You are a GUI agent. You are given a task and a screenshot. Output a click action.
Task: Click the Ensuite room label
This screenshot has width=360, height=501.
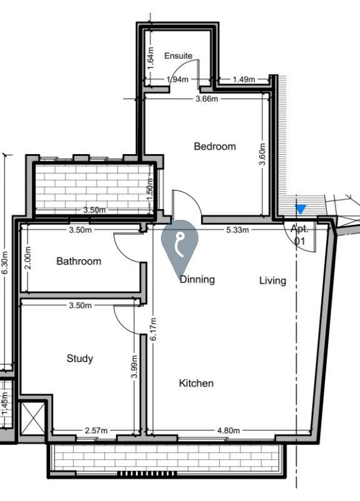(x=178, y=56)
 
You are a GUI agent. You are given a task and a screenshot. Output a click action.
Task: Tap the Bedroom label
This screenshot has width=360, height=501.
(x=215, y=147)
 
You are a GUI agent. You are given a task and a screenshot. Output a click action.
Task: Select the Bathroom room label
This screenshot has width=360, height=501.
(x=79, y=261)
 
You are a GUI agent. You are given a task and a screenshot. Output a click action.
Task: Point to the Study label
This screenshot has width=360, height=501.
(x=80, y=358)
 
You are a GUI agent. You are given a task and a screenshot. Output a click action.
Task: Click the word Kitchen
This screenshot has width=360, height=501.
(x=196, y=383)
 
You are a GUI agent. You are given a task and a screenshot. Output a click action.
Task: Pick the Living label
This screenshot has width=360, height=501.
(x=272, y=281)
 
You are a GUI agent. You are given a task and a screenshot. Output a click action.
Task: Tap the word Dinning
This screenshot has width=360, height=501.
(x=197, y=279)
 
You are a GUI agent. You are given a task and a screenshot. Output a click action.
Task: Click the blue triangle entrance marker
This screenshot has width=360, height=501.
(x=301, y=209)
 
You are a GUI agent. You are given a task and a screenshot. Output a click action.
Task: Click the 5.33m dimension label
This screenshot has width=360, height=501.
(x=237, y=230)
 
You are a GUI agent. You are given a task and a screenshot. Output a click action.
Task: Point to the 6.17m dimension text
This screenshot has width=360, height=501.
(x=153, y=329)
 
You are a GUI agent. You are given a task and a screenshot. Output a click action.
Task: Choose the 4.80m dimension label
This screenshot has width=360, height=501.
(x=229, y=430)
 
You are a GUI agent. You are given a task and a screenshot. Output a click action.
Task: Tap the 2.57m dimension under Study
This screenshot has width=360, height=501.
(x=96, y=430)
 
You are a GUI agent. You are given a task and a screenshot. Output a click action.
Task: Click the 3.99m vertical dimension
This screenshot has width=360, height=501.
(x=134, y=366)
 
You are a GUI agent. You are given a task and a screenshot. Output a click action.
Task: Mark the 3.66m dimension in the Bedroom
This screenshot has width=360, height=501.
(x=207, y=99)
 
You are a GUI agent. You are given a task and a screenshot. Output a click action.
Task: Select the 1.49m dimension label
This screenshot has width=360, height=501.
(x=244, y=80)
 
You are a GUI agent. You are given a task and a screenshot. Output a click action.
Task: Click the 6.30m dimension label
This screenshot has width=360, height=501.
(x=4, y=262)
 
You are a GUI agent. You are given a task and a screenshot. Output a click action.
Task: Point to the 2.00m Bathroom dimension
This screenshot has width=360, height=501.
(x=28, y=258)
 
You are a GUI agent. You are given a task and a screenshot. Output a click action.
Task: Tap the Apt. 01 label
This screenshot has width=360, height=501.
(x=300, y=235)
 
